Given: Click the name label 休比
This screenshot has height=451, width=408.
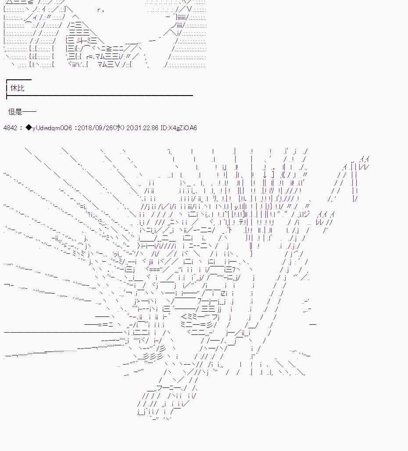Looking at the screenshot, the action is click(x=17, y=88).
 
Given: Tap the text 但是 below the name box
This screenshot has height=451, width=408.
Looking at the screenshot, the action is click(x=15, y=111).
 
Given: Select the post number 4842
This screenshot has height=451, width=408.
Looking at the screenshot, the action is click(x=10, y=128).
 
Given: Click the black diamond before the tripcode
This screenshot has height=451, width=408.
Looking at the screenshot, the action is click(x=29, y=128).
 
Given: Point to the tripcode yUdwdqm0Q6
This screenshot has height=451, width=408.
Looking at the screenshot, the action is click(x=52, y=128).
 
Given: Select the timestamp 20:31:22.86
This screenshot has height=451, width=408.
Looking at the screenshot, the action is click(x=142, y=128).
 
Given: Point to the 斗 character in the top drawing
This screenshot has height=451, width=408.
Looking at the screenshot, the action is click(x=80, y=41).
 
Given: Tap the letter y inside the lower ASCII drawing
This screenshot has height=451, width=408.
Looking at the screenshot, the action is click(x=236, y=207).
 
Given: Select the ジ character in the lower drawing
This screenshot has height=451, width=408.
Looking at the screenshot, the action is click(x=306, y=214).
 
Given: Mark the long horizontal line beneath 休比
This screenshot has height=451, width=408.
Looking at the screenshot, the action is click(x=100, y=95).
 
